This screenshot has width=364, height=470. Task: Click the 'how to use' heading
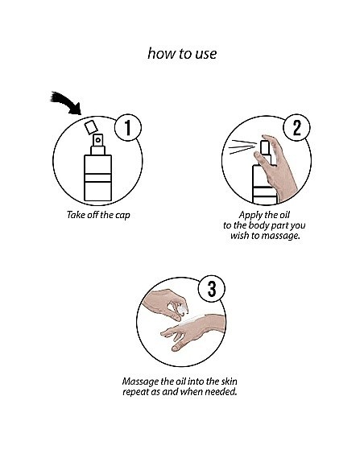[x=182, y=54]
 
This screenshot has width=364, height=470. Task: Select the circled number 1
[x=128, y=128]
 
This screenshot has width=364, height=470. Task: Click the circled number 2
[x=296, y=128]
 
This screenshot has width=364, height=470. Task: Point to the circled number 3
[x=212, y=289]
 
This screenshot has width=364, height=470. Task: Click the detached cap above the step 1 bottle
[x=91, y=127]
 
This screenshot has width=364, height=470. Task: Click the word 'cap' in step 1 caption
[x=123, y=215]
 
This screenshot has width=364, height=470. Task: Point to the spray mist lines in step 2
[x=242, y=146]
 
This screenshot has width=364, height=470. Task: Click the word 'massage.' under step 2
[x=280, y=236]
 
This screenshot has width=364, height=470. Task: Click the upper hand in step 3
[x=166, y=303]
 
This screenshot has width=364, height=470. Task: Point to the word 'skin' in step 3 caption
[x=229, y=381]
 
